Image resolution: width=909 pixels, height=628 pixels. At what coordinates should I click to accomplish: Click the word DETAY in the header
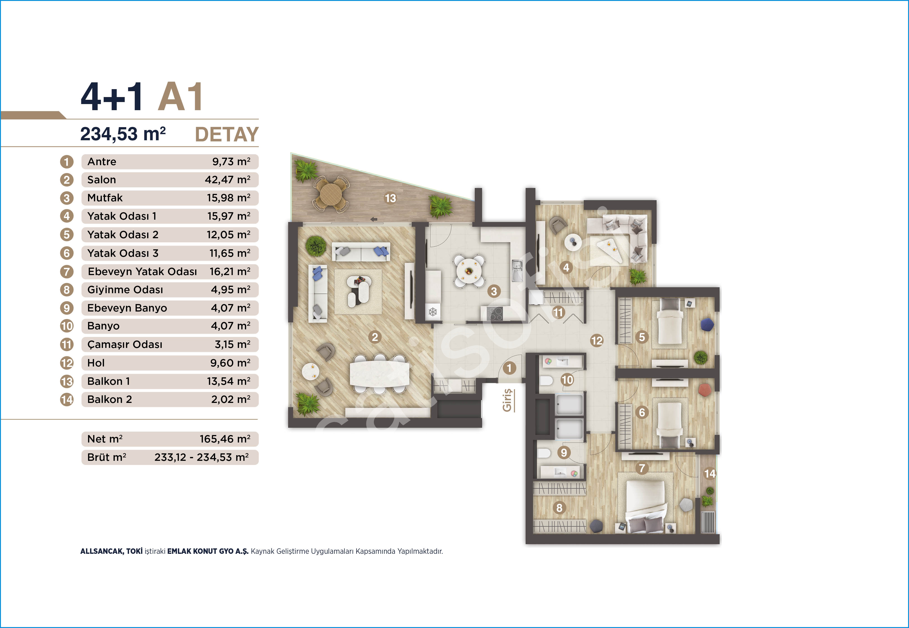227,135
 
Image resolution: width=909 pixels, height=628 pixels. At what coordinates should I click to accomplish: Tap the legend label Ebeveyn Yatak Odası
142,271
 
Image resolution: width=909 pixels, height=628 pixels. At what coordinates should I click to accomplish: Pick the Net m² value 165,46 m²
225,439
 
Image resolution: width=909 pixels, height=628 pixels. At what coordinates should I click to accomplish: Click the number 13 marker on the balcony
390,198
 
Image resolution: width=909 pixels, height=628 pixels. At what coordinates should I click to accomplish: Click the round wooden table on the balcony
331,193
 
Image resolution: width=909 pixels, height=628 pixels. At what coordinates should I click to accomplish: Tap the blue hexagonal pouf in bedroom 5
707,324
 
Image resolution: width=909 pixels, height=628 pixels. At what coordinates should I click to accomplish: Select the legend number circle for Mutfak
67,198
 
